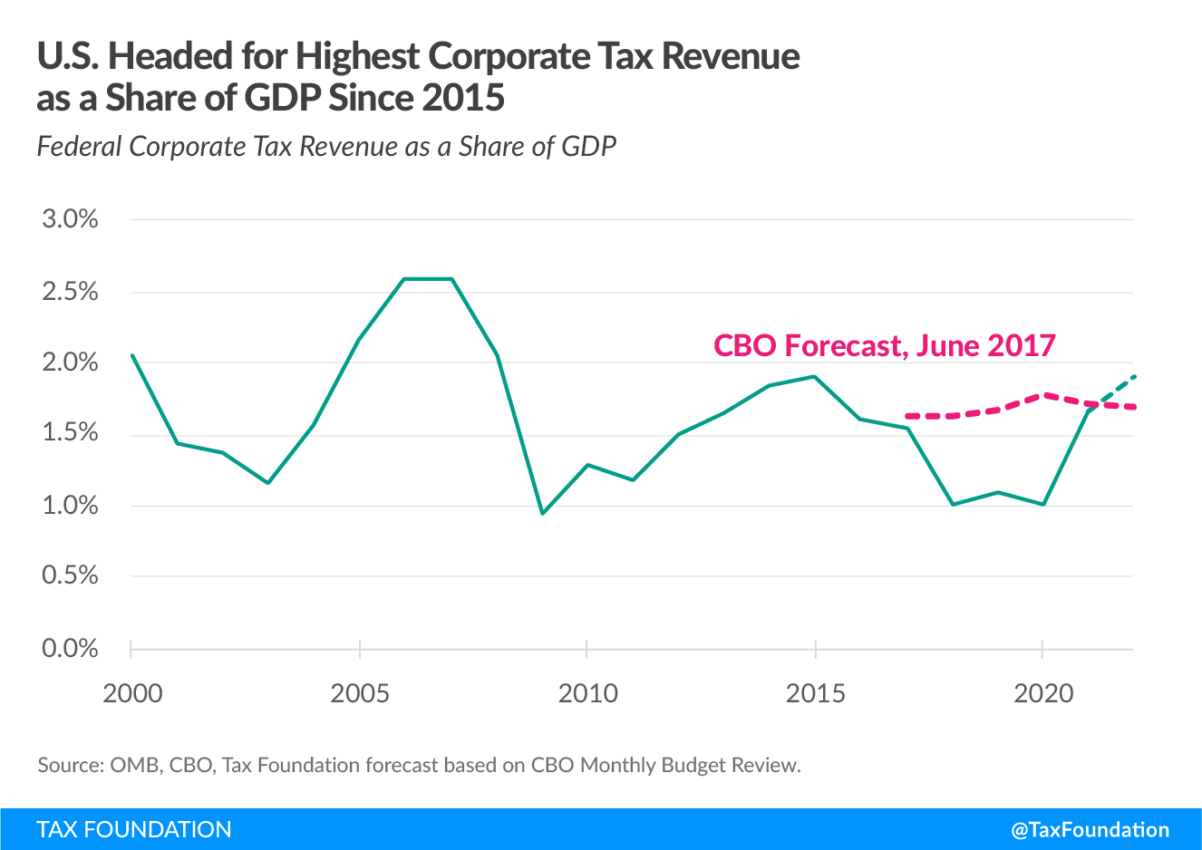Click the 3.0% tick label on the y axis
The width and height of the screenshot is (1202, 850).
(70, 219)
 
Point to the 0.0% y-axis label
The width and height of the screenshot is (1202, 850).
(70, 649)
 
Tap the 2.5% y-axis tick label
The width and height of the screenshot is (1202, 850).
(70, 292)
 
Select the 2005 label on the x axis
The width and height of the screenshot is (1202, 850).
(360, 694)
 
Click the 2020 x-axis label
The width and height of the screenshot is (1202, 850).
(1042, 694)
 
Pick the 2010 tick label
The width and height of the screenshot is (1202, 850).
(587, 694)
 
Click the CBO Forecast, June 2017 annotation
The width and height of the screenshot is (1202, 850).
(884, 345)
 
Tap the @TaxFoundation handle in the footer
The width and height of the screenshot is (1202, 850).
(1090, 830)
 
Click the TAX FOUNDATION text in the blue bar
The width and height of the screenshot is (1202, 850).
(134, 830)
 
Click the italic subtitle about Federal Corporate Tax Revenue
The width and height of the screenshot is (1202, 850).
(326, 147)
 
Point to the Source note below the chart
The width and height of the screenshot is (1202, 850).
(419, 765)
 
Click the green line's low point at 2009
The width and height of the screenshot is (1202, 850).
(542, 514)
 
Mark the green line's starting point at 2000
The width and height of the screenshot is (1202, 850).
(132, 355)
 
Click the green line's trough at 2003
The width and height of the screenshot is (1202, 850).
(268, 483)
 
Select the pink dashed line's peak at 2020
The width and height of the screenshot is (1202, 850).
(1044, 395)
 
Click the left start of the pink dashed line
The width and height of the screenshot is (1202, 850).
(907, 416)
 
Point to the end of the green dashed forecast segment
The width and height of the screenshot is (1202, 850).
(1134, 376)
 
